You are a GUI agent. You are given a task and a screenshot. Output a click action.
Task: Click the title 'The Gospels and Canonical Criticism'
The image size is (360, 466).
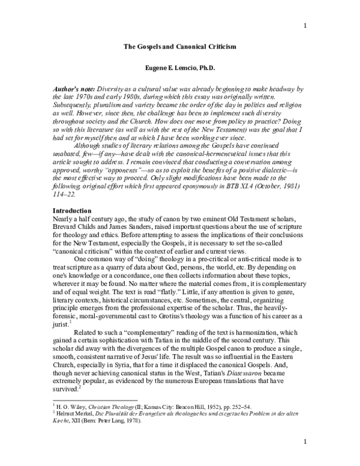179,46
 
